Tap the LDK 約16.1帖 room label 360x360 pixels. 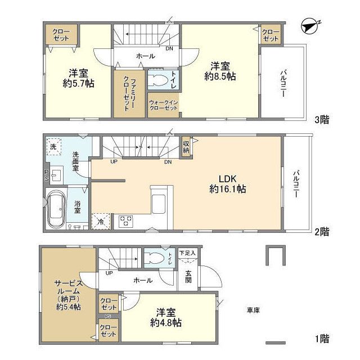(227, 184)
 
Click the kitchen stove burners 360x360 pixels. (126, 221)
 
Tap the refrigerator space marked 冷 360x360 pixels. (101, 221)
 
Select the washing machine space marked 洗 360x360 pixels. (54, 147)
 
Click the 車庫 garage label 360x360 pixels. (253, 310)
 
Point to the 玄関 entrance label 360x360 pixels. (188, 276)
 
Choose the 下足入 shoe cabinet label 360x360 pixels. (187, 253)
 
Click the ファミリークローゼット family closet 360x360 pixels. (129, 94)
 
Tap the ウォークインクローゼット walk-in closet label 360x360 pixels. (163, 105)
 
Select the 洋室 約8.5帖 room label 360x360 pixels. (220, 71)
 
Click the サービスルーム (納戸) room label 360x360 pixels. (69, 295)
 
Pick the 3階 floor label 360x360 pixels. (322, 119)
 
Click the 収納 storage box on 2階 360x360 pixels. (186, 147)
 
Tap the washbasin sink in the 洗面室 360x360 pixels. (56, 175)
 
